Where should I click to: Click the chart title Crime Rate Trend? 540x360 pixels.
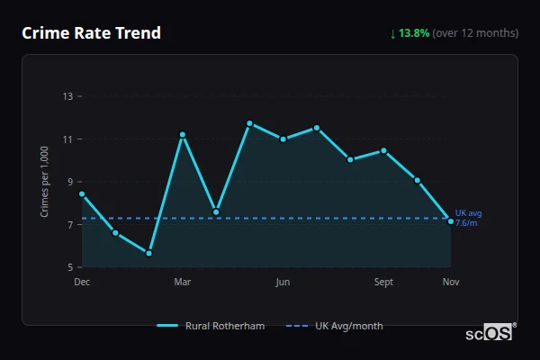tap(91, 33)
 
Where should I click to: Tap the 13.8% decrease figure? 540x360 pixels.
tap(415, 33)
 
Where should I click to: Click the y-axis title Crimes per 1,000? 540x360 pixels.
tap(45, 182)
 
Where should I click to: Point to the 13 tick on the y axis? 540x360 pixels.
tap(67, 96)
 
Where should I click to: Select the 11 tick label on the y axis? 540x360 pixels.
tap(67, 139)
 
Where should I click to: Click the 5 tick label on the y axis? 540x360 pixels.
tap(70, 267)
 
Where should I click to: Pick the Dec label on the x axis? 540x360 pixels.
tap(82, 283)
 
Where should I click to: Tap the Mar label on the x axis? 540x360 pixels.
tap(183, 283)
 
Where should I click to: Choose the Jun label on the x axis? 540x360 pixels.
tap(283, 283)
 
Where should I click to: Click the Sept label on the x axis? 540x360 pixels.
tap(383, 283)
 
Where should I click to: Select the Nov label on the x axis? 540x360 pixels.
tap(451, 283)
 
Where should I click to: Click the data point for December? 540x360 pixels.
tap(82, 193)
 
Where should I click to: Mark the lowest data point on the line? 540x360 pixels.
tap(149, 253)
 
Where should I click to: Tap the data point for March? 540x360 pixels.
tap(183, 135)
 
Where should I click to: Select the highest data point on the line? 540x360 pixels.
tap(249, 123)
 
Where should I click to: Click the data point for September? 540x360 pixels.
tap(383, 150)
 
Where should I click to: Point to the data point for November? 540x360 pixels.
tap(451, 221)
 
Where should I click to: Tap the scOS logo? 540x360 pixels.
tap(489, 333)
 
